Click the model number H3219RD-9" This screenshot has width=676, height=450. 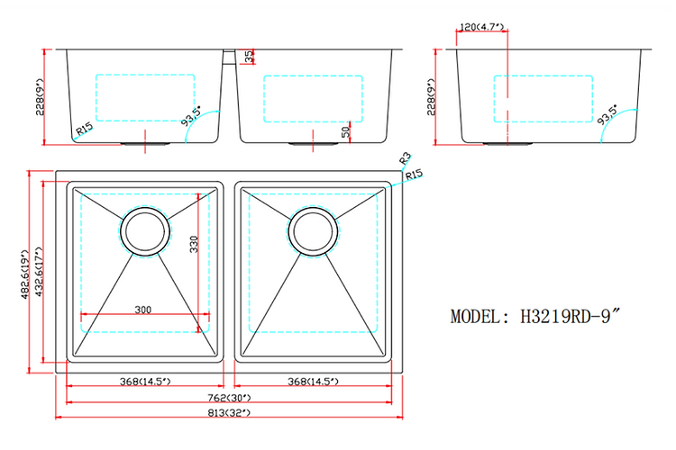(571, 317)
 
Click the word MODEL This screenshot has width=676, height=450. (479, 317)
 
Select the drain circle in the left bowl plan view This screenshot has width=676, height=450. (144, 231)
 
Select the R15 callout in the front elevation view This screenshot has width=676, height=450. (84, 130)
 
